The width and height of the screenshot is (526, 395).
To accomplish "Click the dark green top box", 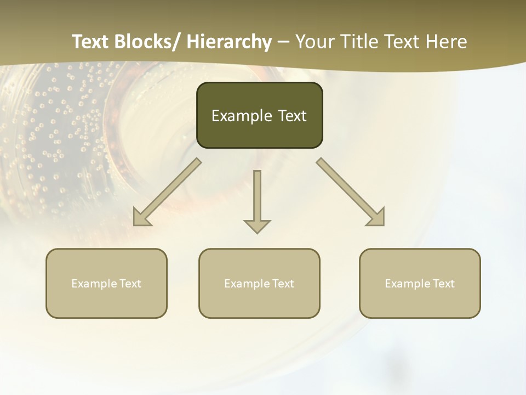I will coord(259,115).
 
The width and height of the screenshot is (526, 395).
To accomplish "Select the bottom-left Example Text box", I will coord(106,283).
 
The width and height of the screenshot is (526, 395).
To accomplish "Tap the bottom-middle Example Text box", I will coord(259,283).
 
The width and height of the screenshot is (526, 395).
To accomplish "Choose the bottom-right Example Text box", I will coord(420,283).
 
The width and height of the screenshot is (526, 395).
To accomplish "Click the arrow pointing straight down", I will coord(257,200).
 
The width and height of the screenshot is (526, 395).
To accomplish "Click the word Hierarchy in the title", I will coord(229,42).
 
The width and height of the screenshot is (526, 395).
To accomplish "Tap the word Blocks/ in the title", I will coord(151,42).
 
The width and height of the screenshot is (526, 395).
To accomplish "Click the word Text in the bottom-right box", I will coord(443,284).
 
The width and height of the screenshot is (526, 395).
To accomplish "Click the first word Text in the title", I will coord(92,42).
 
